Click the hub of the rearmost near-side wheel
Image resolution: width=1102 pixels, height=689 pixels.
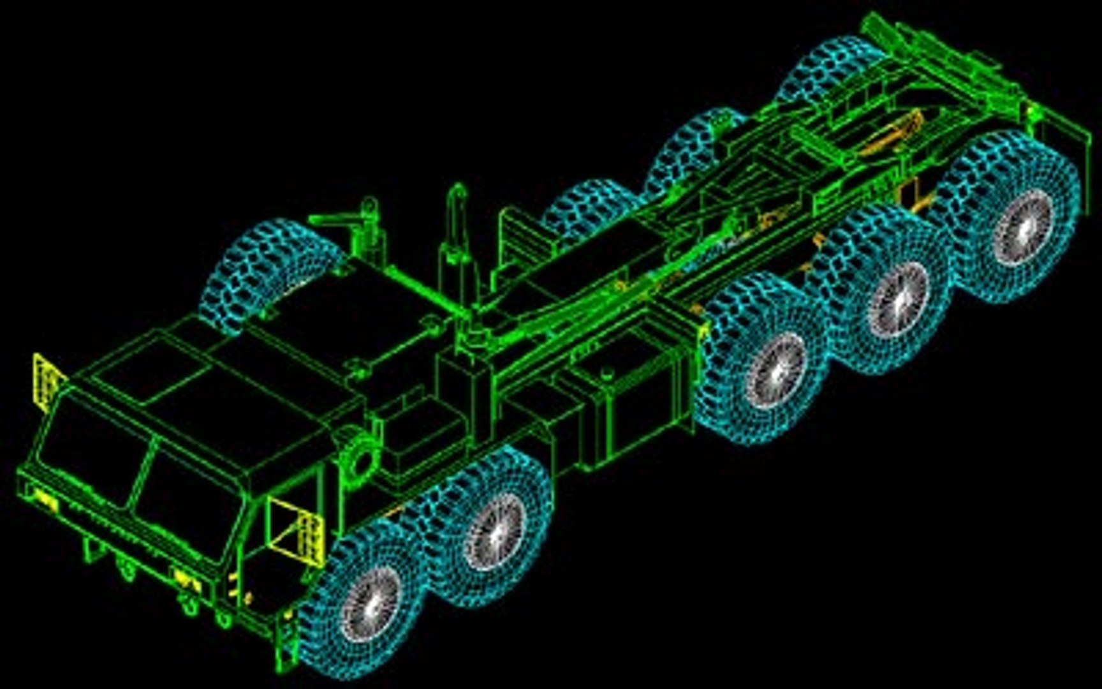1022,228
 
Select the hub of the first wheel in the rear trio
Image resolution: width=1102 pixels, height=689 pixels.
775,370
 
